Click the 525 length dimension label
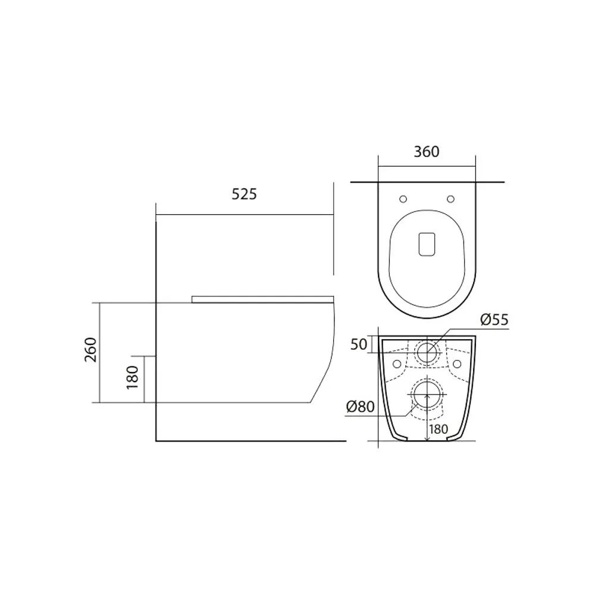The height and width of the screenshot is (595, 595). [244, 195]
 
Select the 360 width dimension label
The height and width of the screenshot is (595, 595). [427, 152]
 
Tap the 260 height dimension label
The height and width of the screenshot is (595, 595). [91, 349]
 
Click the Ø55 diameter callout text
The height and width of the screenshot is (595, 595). [494, 320]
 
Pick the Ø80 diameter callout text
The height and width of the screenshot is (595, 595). [360, 407]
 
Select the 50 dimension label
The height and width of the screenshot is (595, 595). [359, 345]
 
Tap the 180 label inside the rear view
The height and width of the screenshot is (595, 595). [439, 429]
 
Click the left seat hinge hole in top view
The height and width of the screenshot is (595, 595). [403, 199]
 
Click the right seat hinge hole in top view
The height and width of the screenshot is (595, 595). [451, 199]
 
